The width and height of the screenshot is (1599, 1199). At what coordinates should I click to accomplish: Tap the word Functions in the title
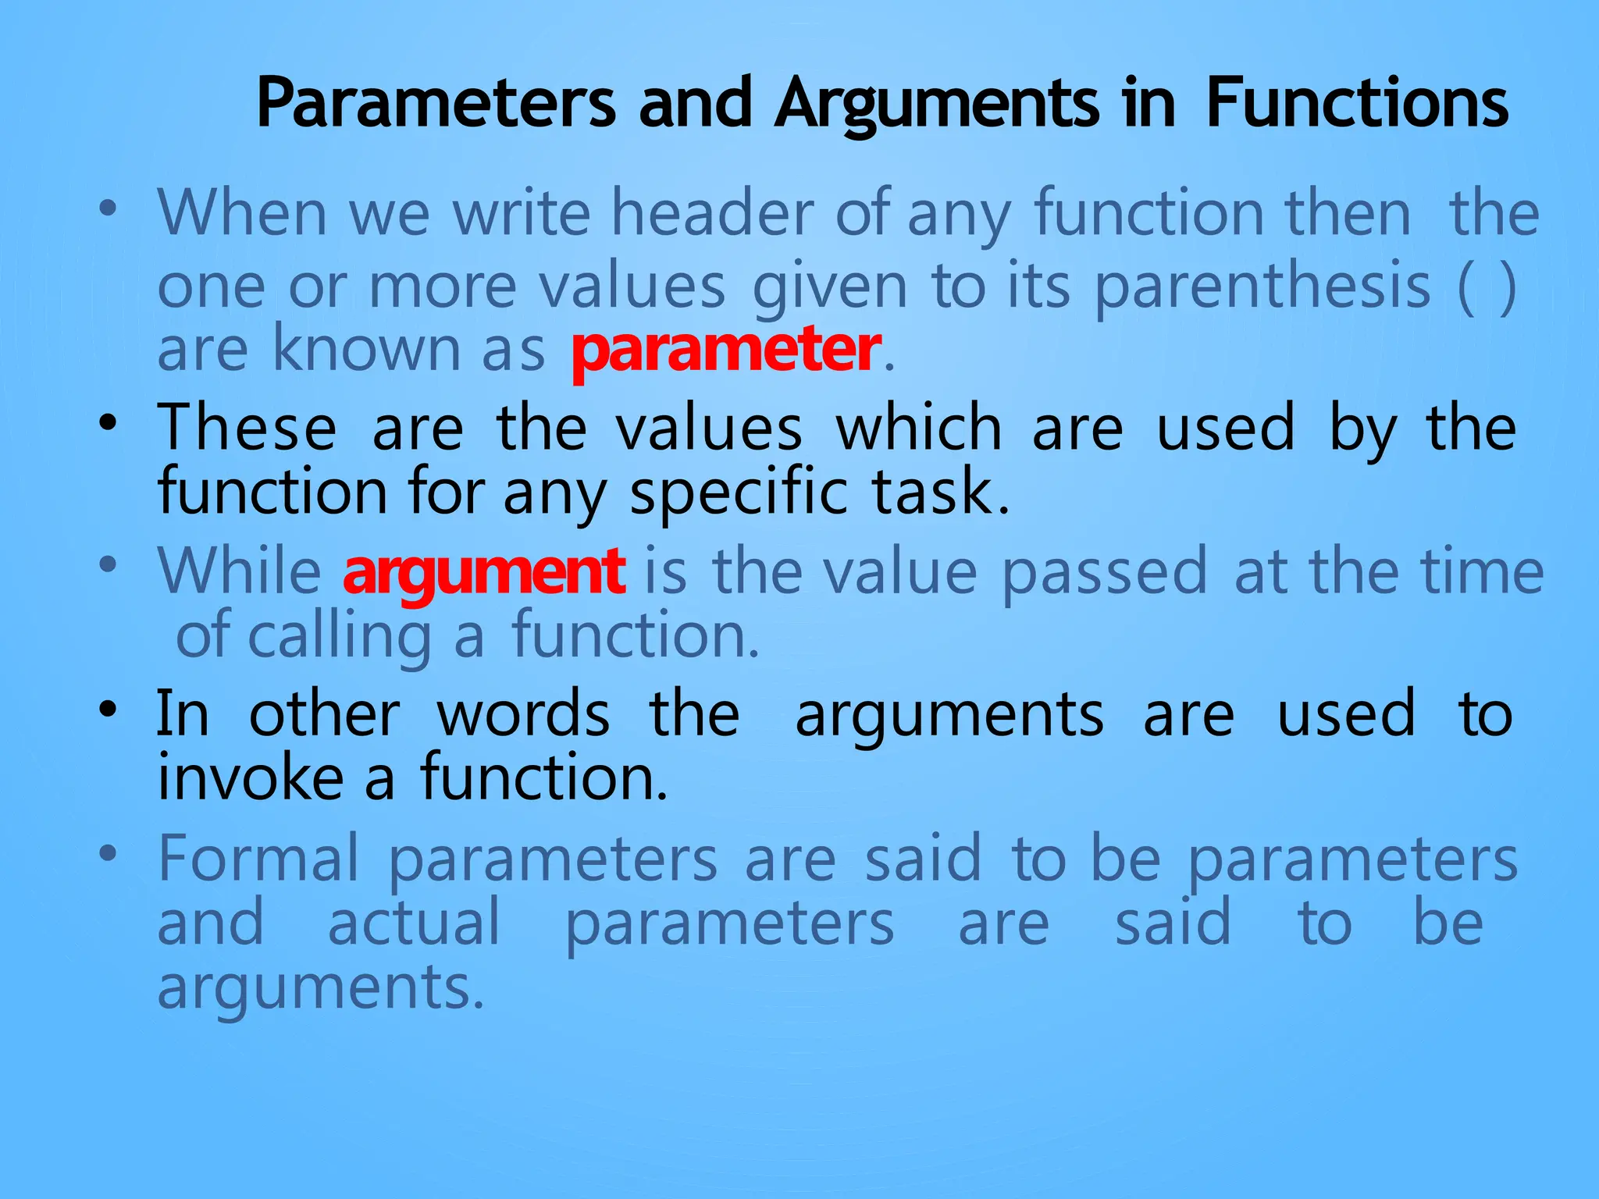1357,104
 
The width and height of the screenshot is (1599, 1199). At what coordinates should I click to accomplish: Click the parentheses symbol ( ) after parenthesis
1487,287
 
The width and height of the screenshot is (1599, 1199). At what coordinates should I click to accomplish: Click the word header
712,212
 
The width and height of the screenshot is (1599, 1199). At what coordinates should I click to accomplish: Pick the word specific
739,493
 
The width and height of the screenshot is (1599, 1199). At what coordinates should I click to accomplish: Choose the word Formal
258,859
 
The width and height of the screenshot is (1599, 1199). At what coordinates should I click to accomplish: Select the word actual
414,923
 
